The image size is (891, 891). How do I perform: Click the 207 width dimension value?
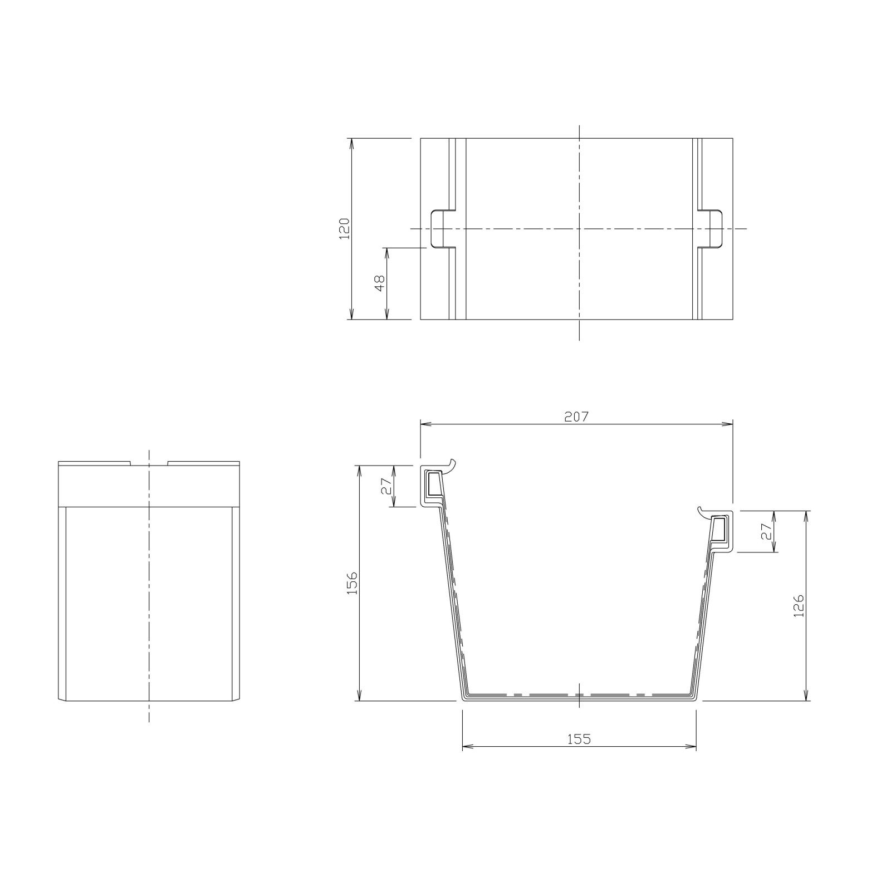[x=576, y=417]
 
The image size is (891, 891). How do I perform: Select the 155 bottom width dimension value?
[x=579, y=739]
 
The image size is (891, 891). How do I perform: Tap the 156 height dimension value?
[x=352, y=582]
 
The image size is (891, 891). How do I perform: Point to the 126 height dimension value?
[x=800, y=605]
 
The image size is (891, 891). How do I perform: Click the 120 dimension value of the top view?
[x=344, y=228]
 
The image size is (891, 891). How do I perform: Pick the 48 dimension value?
[x=380, y=283]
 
